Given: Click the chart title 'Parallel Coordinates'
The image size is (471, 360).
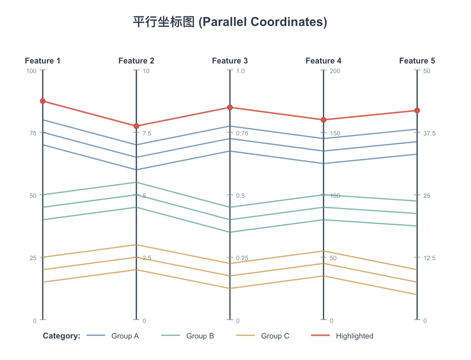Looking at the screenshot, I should click(230, 22).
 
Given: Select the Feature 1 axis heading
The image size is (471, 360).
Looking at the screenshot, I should click(43, 61).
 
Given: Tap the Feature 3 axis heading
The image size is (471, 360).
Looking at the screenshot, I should click(230, 61).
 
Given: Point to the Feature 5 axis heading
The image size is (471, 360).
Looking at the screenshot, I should click(417, 61).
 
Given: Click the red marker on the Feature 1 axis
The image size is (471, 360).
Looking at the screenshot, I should click(43, 101).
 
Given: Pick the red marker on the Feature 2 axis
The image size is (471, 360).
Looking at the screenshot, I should click(136, 126).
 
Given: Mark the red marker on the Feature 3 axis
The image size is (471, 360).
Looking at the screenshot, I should click(230, 107).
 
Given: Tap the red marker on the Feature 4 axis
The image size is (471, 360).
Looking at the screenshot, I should click(323, 120).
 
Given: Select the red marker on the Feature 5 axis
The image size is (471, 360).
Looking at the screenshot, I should click(417, 110).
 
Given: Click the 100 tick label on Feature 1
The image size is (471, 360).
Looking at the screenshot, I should click(32, 71).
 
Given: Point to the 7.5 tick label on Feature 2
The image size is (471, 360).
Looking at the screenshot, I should click(147, 133).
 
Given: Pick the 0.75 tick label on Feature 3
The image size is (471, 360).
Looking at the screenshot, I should click(242, 133).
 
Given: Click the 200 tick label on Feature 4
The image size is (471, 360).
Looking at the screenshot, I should click(335, 71).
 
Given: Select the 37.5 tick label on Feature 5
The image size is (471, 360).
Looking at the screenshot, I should click(429, 133).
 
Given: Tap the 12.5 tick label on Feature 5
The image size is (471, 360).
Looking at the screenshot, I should click(429, 258).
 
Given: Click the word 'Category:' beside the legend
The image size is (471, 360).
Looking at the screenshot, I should click(62, 336).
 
